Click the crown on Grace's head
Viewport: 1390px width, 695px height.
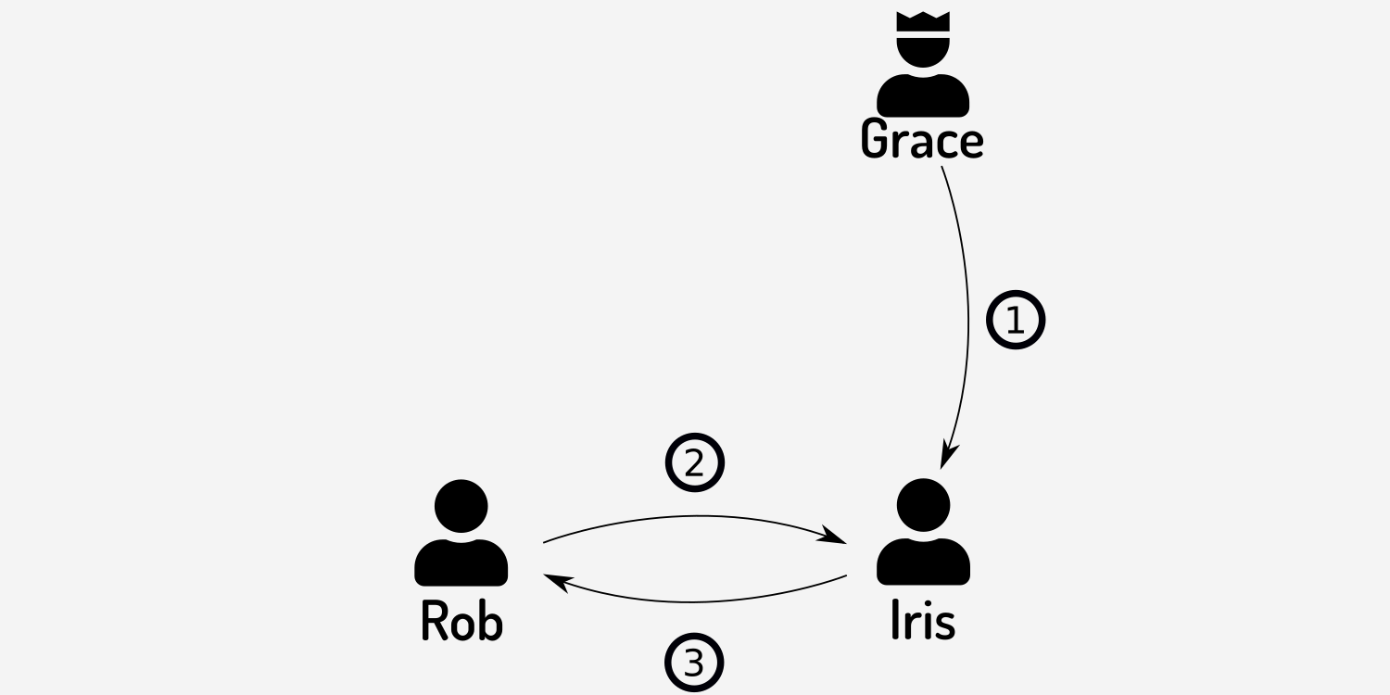click(923, 23)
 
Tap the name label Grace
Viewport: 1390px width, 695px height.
click(922, 140)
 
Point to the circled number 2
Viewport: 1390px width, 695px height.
click(694, 462)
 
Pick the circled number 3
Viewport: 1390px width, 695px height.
click(693, 663)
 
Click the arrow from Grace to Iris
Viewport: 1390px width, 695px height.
click(967, 315)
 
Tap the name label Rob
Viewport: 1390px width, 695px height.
click(461, 621)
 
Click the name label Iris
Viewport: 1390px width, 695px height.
click(922, 621)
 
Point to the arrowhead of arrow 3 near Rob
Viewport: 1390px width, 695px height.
click(554, 580)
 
